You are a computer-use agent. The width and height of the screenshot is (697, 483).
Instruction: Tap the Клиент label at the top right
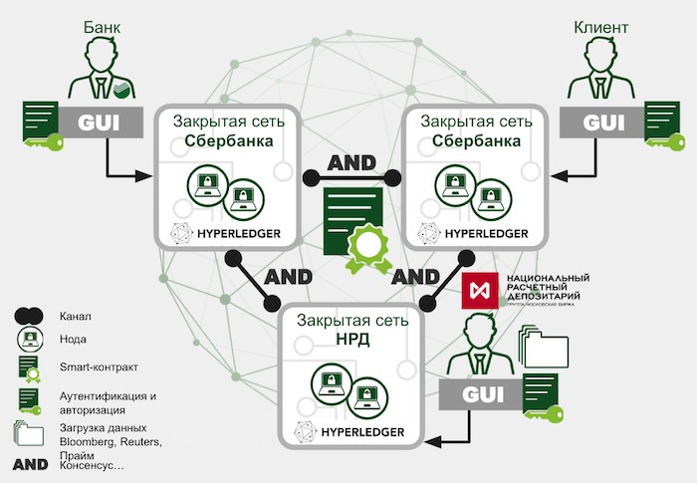click(601, 27)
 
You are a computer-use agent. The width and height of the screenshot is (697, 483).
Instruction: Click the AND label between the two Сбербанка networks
click(350, 160)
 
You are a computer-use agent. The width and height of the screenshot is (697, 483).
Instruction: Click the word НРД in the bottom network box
click(348, 340)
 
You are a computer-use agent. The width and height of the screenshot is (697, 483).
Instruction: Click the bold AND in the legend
click(30, 464)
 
